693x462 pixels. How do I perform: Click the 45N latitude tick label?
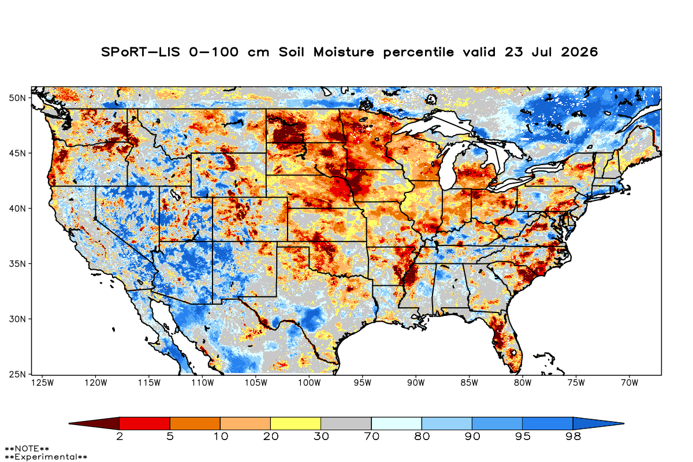pos(17,153)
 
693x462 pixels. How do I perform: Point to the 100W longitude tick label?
pos(309,383)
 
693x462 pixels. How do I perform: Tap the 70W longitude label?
pos(629,383)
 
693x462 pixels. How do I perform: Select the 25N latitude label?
pos(17,374)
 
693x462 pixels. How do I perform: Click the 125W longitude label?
pos(42,383)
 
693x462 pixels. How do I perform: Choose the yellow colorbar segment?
pos(296,423)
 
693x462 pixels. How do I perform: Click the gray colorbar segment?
pos(346,423)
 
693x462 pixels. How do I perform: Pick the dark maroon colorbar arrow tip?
pos(69,423)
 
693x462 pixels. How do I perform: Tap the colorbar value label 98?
pos(573,437)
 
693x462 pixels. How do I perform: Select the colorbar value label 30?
pos(321,437)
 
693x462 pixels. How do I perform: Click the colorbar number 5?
pos(170,437)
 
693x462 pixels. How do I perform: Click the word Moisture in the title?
pos(344,52)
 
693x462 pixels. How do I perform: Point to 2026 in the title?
pos(579,52)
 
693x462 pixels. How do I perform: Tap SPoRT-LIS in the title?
pos(140,52)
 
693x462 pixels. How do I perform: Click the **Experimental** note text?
pos(46,457)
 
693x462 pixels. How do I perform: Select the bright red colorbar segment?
pos(144,423)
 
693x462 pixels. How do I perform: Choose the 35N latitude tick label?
pos(17,264)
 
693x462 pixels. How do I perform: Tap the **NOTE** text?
pos(27,449)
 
